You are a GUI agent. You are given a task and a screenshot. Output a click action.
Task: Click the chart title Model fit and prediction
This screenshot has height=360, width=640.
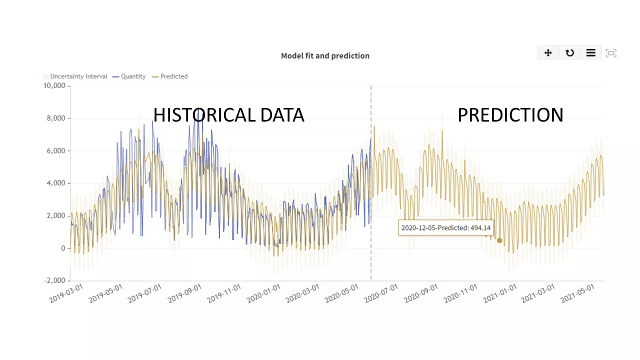[325, 55]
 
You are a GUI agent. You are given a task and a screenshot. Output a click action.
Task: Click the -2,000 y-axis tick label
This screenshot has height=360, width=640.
[54, 280]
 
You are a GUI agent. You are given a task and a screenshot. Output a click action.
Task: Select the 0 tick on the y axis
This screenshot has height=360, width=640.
[63, 248]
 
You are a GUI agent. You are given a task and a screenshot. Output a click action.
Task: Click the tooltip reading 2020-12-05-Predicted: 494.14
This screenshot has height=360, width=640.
[446, 227]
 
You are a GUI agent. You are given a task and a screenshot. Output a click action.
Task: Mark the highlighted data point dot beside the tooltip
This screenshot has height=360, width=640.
[499, 240]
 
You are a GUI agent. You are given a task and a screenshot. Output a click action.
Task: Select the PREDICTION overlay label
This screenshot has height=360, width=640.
[510, 115]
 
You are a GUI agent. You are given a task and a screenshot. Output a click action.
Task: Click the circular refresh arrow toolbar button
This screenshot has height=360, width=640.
[569, 52]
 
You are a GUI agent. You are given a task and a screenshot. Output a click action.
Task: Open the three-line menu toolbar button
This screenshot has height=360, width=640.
[590, 52]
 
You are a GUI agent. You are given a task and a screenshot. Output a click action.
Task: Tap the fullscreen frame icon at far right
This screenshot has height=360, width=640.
[611, 53]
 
